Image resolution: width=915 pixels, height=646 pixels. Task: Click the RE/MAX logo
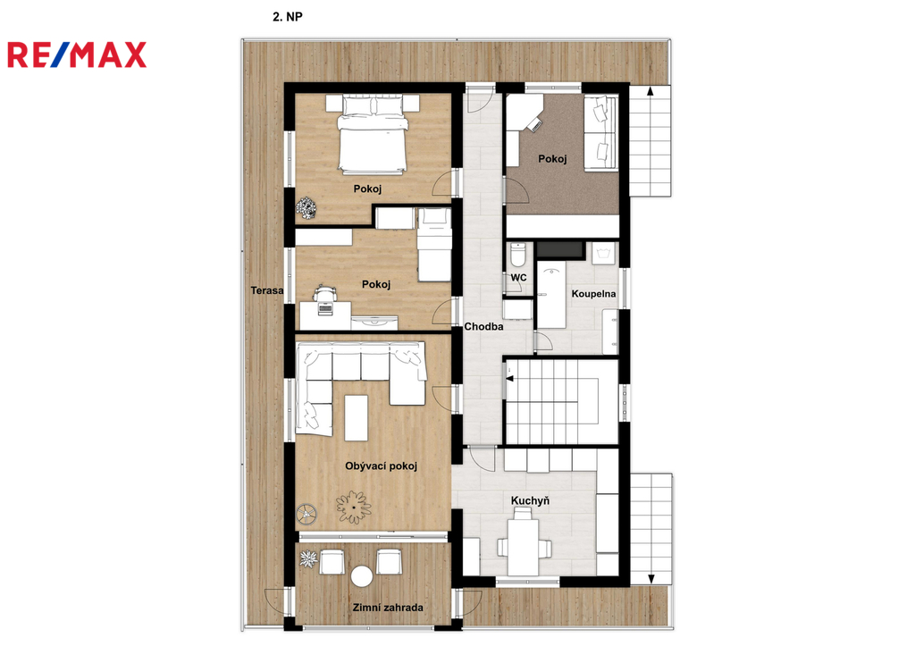77,55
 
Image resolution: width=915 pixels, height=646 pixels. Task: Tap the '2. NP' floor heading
287,17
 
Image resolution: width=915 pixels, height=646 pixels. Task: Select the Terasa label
267,290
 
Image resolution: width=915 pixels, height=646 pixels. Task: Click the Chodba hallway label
483,326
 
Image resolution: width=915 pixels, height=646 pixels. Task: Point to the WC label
519,277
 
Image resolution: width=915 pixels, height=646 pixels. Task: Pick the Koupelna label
593,294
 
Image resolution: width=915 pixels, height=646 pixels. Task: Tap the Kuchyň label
530,500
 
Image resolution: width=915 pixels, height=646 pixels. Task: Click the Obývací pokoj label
381,466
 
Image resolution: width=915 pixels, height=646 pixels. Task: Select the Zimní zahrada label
388,608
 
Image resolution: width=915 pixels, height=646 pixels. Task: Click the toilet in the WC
518,255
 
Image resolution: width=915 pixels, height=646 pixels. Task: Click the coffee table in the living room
356,418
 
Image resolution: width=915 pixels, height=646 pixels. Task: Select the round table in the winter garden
362,576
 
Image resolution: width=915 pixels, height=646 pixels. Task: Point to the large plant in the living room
353,508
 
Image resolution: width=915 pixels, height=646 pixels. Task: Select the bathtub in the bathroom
551,295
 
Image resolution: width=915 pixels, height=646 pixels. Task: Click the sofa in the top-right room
600,133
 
